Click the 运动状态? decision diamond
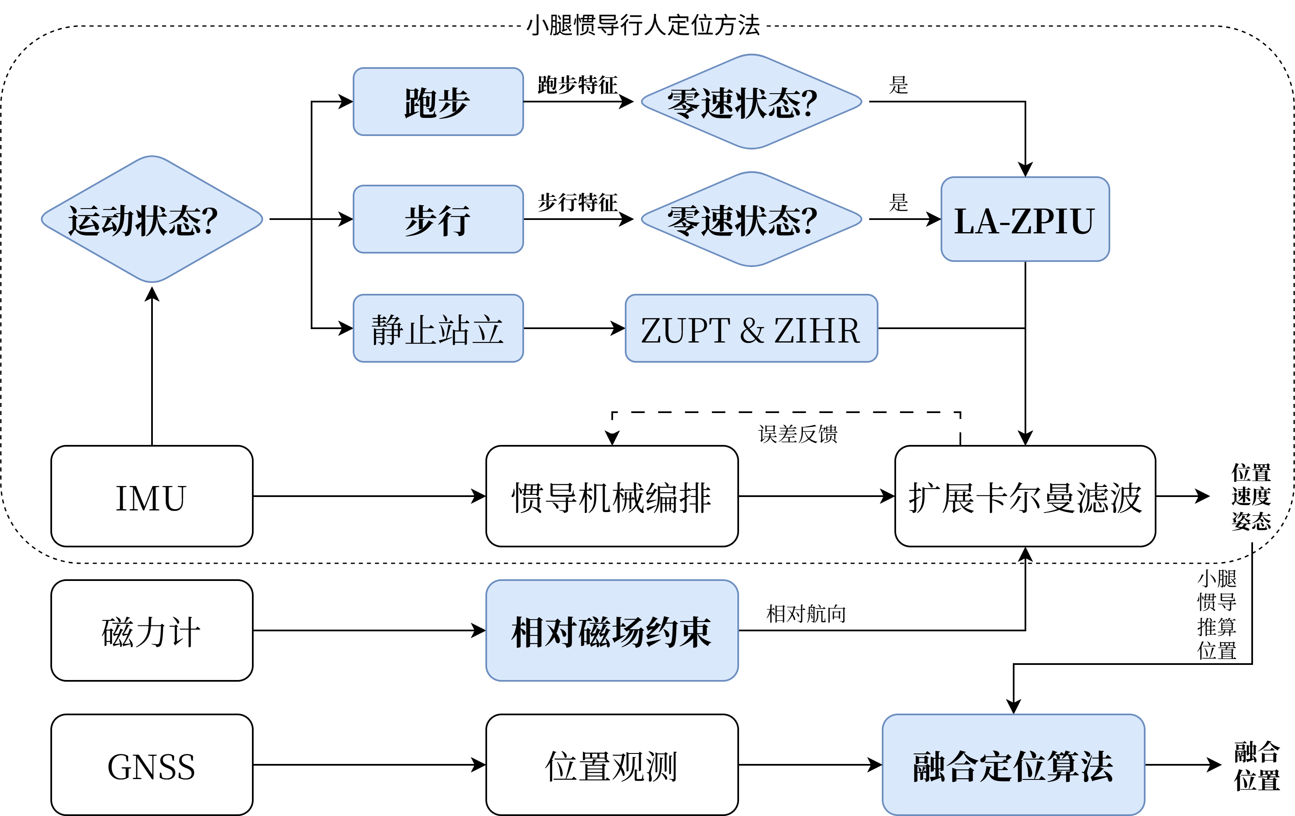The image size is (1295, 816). pos(152,219)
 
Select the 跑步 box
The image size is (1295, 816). pos(438,102)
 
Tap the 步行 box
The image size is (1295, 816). pos(438,219)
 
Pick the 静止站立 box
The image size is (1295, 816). pos(438,328)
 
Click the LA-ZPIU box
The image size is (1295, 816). pos(1025,219)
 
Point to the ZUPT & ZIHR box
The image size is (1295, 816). pos(751,328)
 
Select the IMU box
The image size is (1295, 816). pos(152,496)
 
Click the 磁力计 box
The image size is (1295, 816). pos(152,630)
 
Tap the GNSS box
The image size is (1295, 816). pos(152,765)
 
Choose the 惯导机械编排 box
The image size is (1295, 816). pos(611,496)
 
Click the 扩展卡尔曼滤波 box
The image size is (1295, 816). pos(1025,496)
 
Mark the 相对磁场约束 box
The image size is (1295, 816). pos(611,630)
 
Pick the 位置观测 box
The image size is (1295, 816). pos(611,765)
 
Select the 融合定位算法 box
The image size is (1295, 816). pos(1013,765)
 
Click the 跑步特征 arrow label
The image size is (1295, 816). pos(578,85)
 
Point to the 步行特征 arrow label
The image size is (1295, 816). pos(578,203)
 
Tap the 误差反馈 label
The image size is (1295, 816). pos(797,434)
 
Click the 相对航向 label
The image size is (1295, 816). pos(806,613)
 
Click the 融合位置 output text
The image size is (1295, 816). pos(1256,766)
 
